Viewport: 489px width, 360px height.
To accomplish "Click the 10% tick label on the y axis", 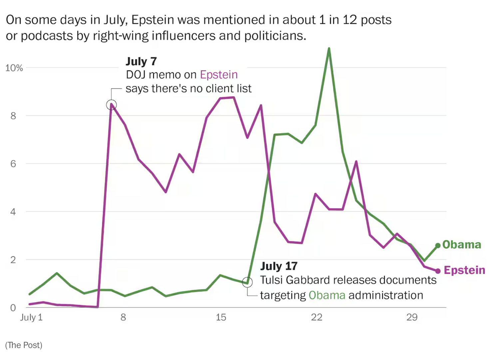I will (14, 68).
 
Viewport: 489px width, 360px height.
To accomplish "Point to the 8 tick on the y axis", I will (13, 116).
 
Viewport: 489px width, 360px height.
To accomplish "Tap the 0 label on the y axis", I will (13, 308).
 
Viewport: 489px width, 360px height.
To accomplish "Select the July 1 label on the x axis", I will (31, 317).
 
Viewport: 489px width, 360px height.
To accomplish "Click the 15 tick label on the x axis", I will (221, 317).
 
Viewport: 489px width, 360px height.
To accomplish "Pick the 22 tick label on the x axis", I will (316, 317).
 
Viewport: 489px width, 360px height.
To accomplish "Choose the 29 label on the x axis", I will (412, 317).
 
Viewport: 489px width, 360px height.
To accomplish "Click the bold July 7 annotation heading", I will (141, 61).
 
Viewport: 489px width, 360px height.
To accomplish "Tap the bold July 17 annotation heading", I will (279, 266).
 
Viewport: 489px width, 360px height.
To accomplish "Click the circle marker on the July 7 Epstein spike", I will (112, 105).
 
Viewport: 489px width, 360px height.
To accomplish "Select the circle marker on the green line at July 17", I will (247, 282).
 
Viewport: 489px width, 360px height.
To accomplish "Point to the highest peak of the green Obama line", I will (329, 49).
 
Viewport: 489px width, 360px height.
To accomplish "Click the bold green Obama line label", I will (462, 245).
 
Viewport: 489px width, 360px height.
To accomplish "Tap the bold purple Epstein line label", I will (464, 270).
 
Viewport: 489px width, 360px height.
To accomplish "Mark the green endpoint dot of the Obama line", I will (438, 246).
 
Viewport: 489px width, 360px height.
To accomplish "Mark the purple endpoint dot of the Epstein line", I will (438, 271).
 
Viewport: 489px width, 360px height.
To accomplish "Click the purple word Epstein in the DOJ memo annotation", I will (219, 75).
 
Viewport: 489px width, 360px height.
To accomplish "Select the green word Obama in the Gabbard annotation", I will (327, 295).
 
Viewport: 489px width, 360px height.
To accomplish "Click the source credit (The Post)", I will (24, 345).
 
